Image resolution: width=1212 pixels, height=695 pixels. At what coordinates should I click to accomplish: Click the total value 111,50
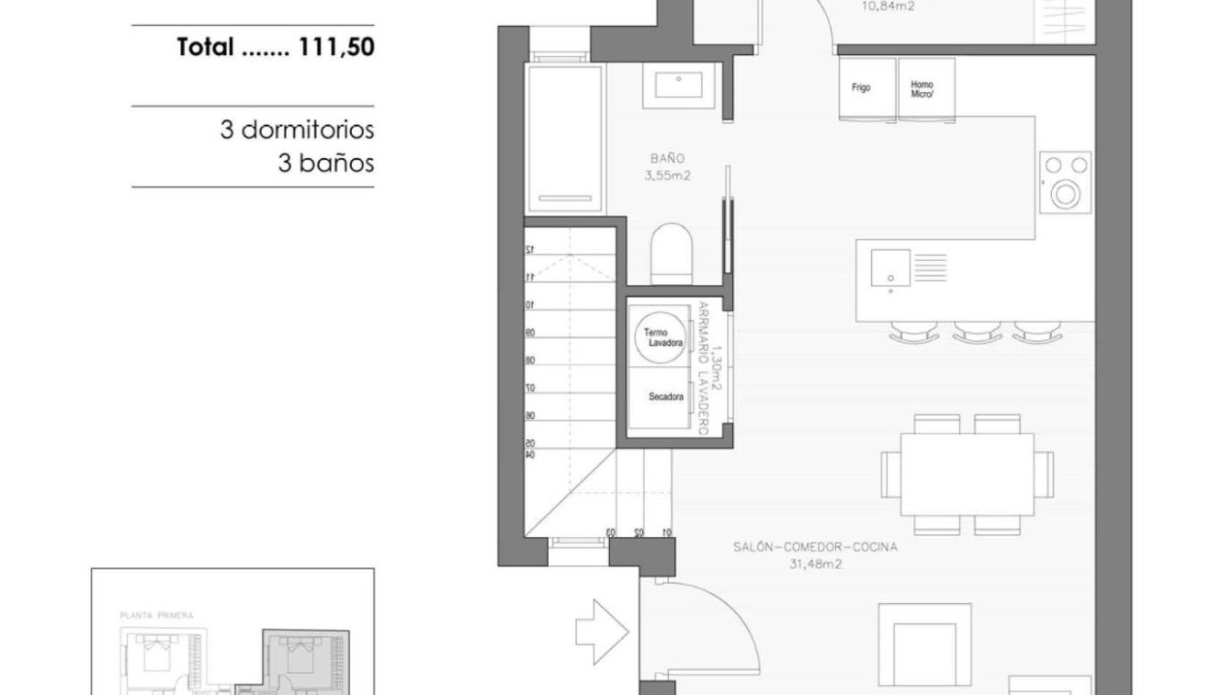pyautogui.click(x=333, y=48)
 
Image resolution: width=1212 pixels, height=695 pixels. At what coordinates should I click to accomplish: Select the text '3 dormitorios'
pyautogui.click(x=297, y=130)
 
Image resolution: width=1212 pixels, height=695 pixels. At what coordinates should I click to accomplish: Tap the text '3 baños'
pyautogui.click(x=326, y=164)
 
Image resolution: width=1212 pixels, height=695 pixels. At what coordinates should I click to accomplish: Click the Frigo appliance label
pyautogui.click(x=861, y=88)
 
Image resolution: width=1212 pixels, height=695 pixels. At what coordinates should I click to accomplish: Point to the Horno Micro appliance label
pyautogui.click(x=923, y=88)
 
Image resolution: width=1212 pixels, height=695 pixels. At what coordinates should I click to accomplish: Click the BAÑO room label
pyautogui.click(x=664, y=157)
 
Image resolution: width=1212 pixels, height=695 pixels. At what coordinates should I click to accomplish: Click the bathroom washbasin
pyautogui.click(x=679, y=85)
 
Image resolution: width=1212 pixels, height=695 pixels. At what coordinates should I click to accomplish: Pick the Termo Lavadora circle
pyautogui.click(x=663, y=336)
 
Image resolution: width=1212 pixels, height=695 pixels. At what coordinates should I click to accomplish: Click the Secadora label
pyautogui.click(x=664, y=397)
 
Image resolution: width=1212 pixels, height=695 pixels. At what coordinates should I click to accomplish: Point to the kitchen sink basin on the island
pyautogui.click(x=890, y=269)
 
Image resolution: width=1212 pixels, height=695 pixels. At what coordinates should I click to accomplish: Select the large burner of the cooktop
pyautogui.click(x=1067, y=194)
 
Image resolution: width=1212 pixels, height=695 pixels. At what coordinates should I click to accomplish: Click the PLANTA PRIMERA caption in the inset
pyautogui.click(x=156, y=615)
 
